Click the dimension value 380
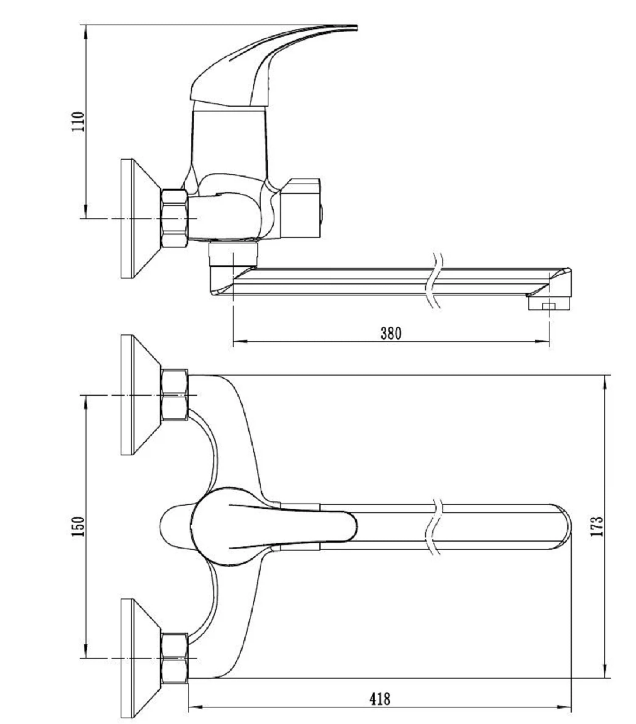[x=391, y=333]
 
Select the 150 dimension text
[x=79, y=526]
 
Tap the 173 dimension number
[x=597, y=526]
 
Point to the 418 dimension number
[x=380, y=699]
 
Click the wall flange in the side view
[x=140, y=218]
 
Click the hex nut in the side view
[x=174, y=218]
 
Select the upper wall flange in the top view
[x=140, y=395]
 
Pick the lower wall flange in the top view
[x=140, y=658]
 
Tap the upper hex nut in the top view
[x=174, y=395]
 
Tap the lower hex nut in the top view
[x=174, y=658]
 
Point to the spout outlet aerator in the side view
[x=549, y=304]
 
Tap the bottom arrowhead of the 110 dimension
[x=86, y=211]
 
